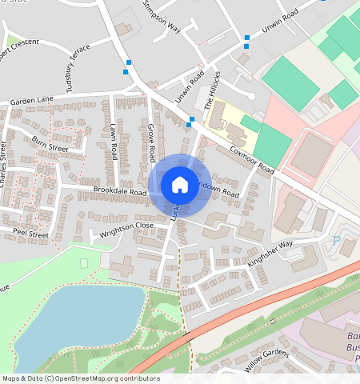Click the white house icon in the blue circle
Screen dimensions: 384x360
point(180,186)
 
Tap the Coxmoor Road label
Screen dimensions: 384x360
point(252,158)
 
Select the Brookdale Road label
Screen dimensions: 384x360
point(120,192)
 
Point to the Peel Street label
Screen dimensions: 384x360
point(30,235)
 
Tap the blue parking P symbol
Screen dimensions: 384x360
point(336,238)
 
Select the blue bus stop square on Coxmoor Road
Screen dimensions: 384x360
point(190,122)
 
